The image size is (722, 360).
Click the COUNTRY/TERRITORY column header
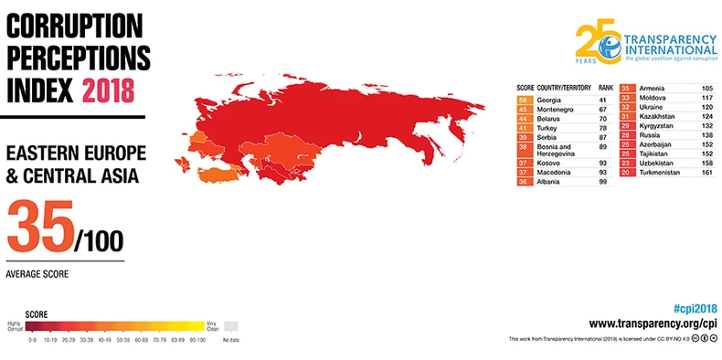(564, 89)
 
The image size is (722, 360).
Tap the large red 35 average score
(38, 226)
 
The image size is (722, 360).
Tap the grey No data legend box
(230, 326)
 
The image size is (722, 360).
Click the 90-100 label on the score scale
(196, 337)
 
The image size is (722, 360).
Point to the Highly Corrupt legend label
(14, 326)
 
